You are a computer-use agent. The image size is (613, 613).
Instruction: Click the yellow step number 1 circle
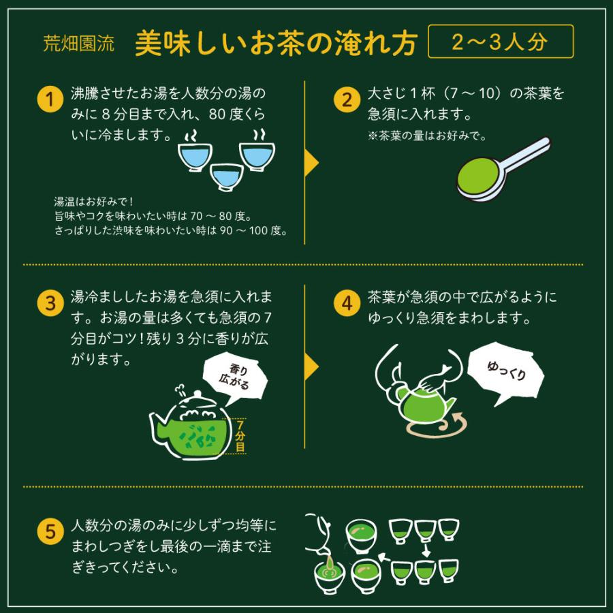[x=49, y=100]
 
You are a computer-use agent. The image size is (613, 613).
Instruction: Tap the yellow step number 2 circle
[x=347, y=100]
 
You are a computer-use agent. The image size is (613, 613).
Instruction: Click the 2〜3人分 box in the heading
[x=501, y=42]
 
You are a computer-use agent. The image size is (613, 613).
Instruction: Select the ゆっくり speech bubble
[x=506, y=372]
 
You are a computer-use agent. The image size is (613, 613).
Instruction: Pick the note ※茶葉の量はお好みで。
[x=426, y=136]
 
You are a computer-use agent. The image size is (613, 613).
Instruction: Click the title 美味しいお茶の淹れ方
[x=275, y=43]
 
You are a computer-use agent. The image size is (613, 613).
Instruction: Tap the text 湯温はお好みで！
[x=93, y=202]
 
